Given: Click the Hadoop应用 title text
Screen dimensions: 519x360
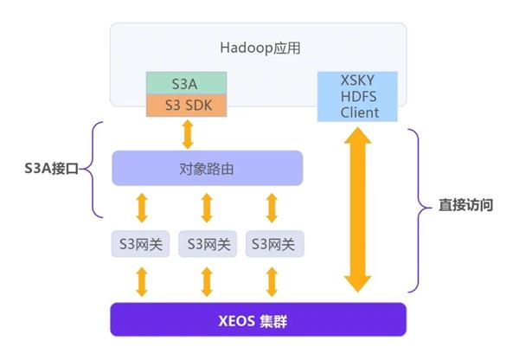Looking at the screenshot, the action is (260, 48).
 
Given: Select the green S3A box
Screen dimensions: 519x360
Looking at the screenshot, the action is (186, 83).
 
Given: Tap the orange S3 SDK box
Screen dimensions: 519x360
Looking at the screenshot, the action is (186, 106).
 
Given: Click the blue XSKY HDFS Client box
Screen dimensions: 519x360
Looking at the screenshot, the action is (357, 96).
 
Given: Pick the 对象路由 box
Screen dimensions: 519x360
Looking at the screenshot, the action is (208, 168).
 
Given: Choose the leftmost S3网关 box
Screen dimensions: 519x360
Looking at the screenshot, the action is (141, 244).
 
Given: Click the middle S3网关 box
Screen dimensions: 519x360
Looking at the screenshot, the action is (208, 244).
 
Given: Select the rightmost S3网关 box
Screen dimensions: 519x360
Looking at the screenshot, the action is (275, 244).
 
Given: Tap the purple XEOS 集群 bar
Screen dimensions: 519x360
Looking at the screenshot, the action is (258, 319).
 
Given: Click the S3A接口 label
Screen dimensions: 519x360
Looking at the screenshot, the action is (51, 169).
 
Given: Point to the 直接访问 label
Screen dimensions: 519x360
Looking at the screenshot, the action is (465, 205).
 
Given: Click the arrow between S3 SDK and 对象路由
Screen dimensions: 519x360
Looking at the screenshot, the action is (188, 134).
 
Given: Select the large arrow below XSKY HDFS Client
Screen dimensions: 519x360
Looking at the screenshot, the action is (358, 210).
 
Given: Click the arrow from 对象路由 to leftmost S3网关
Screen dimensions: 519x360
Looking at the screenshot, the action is (142, 208).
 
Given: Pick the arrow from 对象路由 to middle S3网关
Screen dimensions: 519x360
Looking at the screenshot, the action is (207, 208).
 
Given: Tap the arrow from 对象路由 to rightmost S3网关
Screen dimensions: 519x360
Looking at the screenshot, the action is (272, 208).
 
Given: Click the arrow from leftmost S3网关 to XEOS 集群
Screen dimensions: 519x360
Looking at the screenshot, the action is (142, 282).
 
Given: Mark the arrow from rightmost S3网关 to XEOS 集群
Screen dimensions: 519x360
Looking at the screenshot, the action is (272, 282).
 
